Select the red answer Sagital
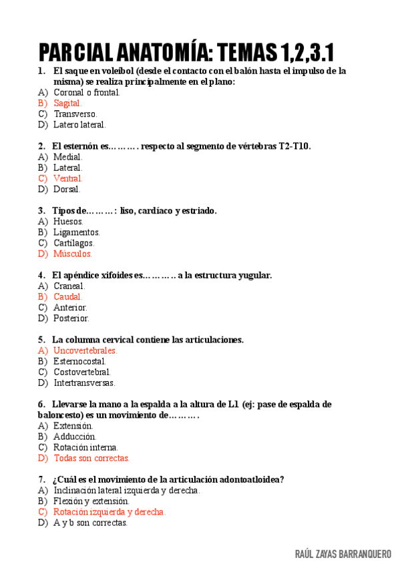67,103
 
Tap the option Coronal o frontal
87,93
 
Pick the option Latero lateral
79,125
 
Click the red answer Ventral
68,178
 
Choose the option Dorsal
67,189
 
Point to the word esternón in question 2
86,146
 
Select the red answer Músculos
73,254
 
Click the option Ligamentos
77,232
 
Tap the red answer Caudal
67,296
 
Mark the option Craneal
69,286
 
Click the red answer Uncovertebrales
85,350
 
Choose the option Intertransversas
84,382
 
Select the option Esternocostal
79,361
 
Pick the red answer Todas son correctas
91,458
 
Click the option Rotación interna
86,447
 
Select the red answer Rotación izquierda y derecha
110,512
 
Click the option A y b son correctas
90,523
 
